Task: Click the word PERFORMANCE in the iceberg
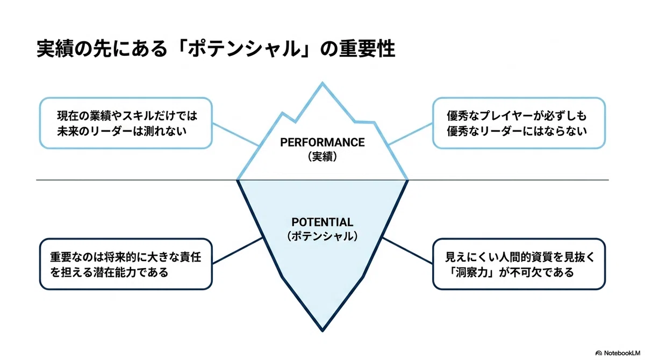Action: [x=322, y=142]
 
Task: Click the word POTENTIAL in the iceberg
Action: [x=322, y=222]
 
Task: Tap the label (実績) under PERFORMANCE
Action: [x=322, y=157]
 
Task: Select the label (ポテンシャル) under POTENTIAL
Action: [x=322, y=236]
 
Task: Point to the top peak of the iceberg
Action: [x=322, y=83]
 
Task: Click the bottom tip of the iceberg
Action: [x=322, y=331]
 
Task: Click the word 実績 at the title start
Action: [x=55, y=49]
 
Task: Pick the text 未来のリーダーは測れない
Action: [x=122, y=131]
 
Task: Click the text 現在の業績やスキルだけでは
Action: [x=127, y=116]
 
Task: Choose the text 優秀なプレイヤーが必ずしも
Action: [x=517, y=116]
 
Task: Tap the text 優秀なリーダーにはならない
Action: [x=517, y=131]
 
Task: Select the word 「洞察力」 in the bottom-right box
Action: [x=469, y=272]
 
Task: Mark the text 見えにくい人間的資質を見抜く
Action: [x=519, y=257]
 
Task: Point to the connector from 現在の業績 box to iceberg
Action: [x=235, y=135]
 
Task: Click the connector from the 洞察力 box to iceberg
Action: [x=407, y=250]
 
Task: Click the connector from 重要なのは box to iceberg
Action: [x=238, y=250]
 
